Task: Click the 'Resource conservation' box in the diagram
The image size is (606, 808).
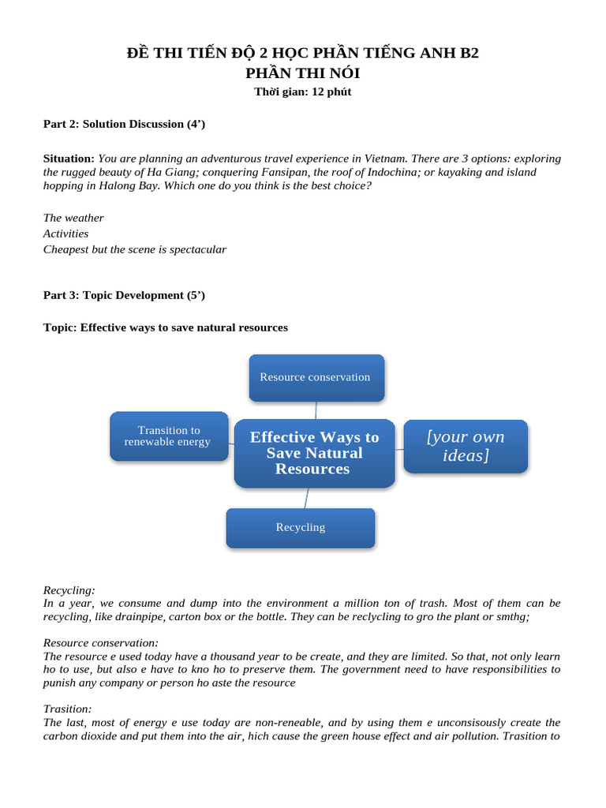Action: (x=316, y=377)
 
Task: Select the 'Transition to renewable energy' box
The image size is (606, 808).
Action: (x=168, y=436)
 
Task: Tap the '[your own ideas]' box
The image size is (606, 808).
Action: (x=466, y=446)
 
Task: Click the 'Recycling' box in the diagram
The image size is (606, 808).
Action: (x=300, y=527)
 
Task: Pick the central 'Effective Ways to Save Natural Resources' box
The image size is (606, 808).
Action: (x=314, y=453)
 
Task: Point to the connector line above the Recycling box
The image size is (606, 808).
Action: (x=306, y=498)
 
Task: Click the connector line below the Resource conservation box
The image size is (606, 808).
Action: (x=316, y=410)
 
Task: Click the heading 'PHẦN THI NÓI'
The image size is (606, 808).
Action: (x=303, y=73)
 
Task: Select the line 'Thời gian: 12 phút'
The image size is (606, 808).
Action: (x=302, y=92)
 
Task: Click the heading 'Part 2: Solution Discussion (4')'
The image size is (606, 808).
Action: (x=124, y=124)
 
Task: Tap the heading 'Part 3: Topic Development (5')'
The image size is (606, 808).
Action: (x=124, y=295)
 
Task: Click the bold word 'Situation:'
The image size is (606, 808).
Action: (x=69, y=159)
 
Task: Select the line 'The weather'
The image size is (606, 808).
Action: (x=73, y=218)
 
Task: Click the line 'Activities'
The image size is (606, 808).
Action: (x=65, y=234)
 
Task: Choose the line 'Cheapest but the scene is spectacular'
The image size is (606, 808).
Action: (x=135, y=249)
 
